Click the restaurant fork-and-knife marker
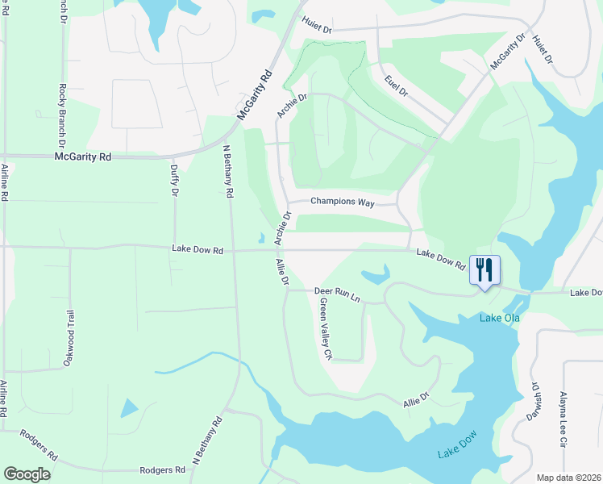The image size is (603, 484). pyautogui.click(x=484, y=269)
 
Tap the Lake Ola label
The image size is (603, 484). pyautogui.click(x=500, y=318)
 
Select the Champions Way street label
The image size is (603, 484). pyautogui.click(x=343, y=202)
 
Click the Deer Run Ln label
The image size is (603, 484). pyautogui.click(x=336, y=294)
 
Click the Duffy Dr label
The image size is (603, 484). pyautogui.click(x=174, y=181)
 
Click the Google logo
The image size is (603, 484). pyautogui.click(x=27, y=474)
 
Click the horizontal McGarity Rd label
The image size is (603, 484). pyautogui.click(x=83, y=157)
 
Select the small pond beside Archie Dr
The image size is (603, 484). pyautogui.click(x=261, y=238)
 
